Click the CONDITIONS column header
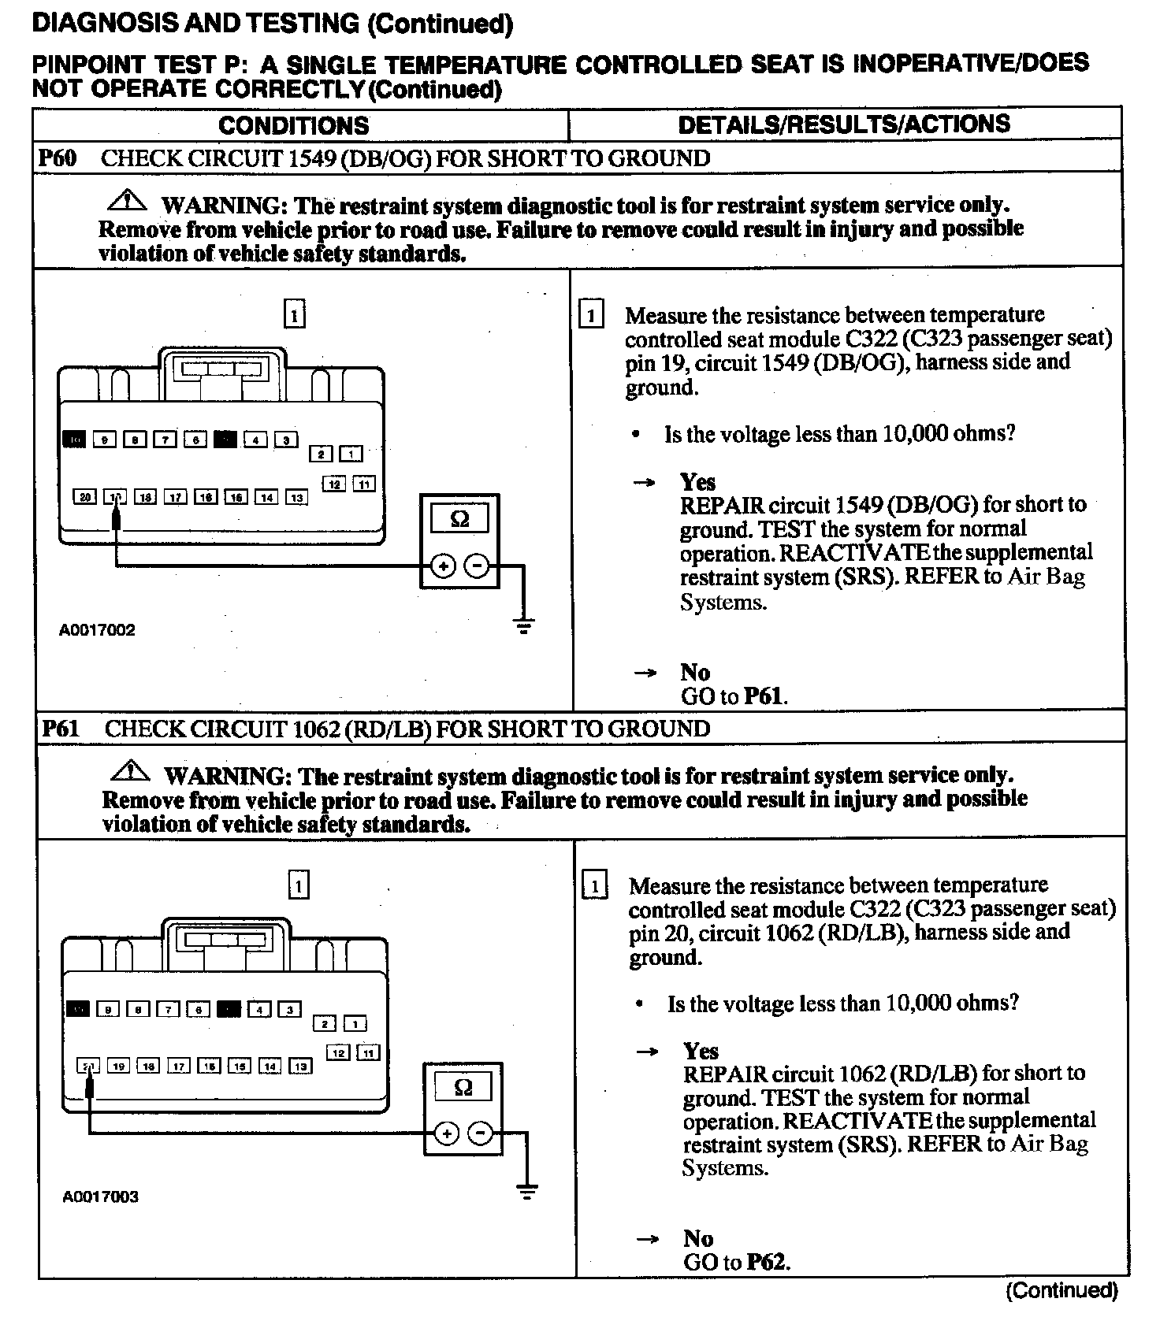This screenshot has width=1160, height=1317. click(293, 125)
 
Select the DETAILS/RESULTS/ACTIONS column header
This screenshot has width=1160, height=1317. click(844, 124)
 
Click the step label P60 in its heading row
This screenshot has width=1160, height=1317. click(58, 158)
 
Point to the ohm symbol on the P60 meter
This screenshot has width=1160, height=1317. click(459, 519)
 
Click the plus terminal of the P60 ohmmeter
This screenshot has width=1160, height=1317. click(443, 566)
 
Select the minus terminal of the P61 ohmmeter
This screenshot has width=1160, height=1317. click(481, 1133)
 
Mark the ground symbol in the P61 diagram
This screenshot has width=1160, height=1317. click(527, 1193)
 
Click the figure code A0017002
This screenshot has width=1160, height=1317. click(97, 630)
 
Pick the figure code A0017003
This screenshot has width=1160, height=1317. click(100, 1197)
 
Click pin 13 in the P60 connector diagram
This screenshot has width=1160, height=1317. click(296, 497)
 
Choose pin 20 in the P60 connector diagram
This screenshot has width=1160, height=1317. click(84, 497)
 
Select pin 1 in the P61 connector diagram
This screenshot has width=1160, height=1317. click(356, 1024)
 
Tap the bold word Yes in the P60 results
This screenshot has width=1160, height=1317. click(697, 482)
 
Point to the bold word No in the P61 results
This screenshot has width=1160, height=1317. click(698, 1238)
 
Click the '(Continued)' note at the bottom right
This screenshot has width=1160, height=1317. click(1061, 1290)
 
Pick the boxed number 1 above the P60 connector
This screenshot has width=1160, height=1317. click(294, 315)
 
